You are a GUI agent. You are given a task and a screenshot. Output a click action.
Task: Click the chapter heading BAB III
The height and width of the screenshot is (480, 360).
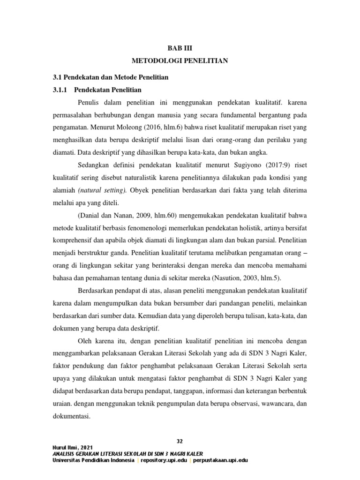(x=180, y=48)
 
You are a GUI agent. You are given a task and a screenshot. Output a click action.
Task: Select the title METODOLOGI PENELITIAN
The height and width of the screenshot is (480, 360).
(x=180, y=61)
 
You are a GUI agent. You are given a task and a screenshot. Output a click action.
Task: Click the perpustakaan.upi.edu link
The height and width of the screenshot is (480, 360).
(x=219, y=460)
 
